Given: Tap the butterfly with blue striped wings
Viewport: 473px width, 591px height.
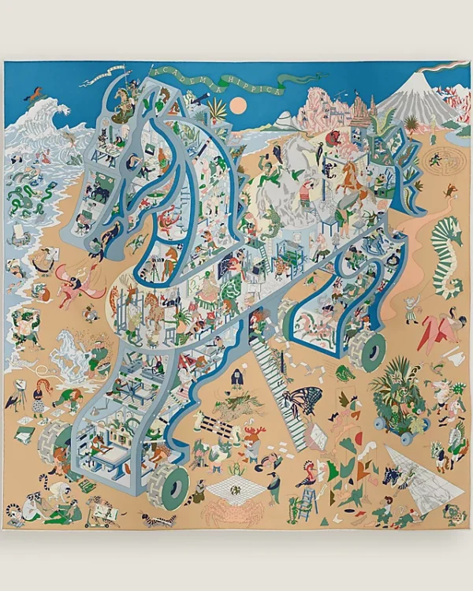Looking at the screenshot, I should (x=302, y=400).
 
